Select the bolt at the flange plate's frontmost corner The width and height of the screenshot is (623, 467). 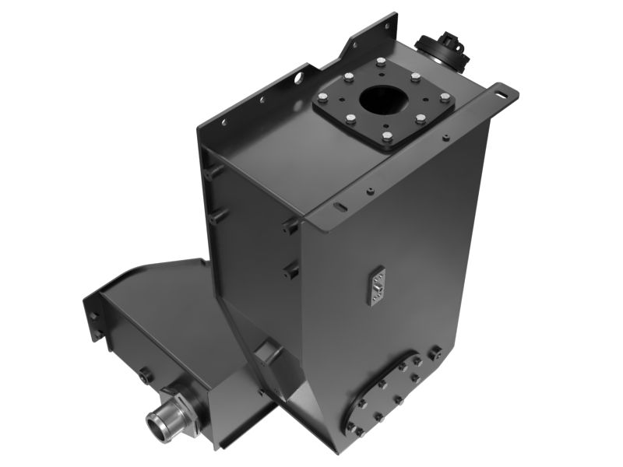pos(387,139)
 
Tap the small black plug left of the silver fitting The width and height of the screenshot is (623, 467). pos(147,377)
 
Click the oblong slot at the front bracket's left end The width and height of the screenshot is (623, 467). pos(340,207)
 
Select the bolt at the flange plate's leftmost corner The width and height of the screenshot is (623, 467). pos(322,99)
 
